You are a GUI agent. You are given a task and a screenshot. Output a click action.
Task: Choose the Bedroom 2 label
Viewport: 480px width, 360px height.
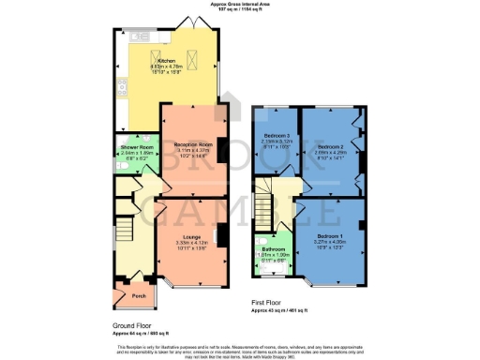click(x=330, y=147)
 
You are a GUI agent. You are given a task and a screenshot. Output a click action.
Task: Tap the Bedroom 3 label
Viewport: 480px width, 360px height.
click(x=277, y=137)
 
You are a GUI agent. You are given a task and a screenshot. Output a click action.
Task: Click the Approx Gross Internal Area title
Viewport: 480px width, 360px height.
click(x=240, y=5)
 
